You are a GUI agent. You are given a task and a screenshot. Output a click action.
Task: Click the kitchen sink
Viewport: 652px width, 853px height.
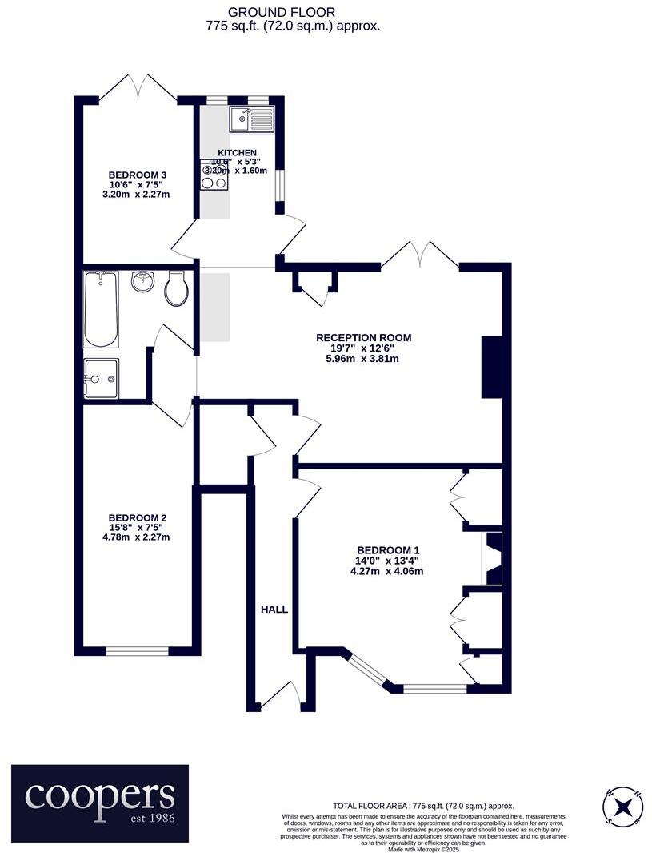251,119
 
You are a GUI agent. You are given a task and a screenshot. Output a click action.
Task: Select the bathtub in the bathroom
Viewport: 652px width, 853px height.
101,309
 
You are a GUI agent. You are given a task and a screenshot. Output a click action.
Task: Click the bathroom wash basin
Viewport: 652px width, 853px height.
144,282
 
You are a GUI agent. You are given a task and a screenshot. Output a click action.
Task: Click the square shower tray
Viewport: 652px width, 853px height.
101,377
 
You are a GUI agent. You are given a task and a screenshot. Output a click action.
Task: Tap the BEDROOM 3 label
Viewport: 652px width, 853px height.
138,175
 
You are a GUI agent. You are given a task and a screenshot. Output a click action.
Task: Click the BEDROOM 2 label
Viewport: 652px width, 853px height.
138,517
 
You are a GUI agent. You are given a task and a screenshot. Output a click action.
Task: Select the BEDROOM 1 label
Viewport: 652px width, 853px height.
388,549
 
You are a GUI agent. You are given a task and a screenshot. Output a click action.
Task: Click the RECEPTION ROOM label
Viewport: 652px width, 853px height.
364,337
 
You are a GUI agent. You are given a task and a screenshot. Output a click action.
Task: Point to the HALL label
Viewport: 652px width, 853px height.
274,609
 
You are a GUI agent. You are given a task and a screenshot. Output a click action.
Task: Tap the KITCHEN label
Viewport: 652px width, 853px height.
238,152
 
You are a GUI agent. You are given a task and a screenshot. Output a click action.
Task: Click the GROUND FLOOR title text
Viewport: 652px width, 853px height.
293,12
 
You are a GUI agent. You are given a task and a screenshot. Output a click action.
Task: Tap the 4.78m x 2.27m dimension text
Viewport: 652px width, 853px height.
138,537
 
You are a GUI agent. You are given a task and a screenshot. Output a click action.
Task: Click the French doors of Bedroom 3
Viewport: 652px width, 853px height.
138,88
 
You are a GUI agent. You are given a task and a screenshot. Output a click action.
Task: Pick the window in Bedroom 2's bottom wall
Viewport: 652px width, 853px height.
137,651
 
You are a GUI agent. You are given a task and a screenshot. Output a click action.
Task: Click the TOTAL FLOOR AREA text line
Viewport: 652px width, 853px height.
423,806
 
